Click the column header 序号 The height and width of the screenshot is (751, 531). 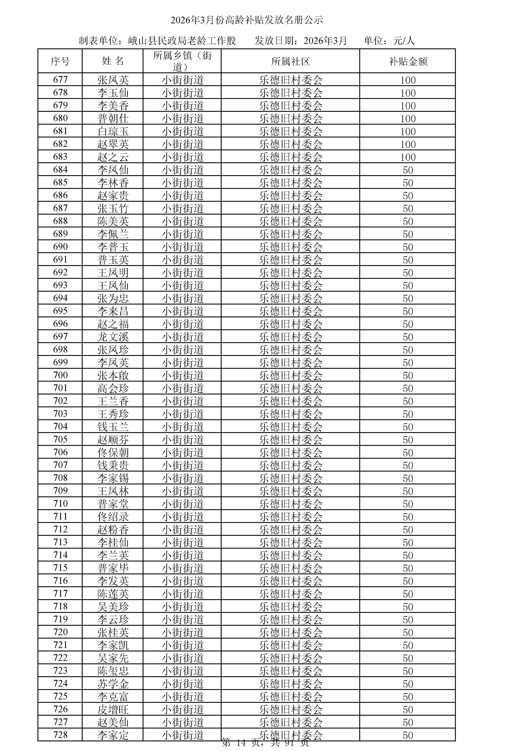pyautogui.click(x=60, y=61)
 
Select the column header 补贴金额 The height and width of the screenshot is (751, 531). pyautogui.click(x=408, y=61)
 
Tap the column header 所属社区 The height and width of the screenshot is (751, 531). pyautogui.click(x=290, y=61)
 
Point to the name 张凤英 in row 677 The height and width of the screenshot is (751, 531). pyautogui.click(x=113, y=80)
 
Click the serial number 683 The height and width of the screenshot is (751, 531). pyautogui.click(x=60, y=157)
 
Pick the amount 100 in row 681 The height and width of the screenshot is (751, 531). pyautogui.click(x=408, y=131)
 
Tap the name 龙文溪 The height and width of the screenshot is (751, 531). pyautogui.click(x=113, y=337)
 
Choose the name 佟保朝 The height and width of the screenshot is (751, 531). pyautogui.click(x=113, y=452)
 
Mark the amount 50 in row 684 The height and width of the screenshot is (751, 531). pyautogui.click(x=408, y=170)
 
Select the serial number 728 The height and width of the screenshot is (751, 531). pyautogui.click(x=60, y=735)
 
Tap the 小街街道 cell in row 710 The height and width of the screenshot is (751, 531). pyautogui.click(x=183, y=504)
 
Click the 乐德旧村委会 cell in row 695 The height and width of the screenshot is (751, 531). pyautogui.click(x=290, y=311)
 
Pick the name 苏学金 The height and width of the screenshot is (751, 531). pyautogui.click(x=113, y=683)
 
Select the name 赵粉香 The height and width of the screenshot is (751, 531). pyautogui.click(x=113, y=530)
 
